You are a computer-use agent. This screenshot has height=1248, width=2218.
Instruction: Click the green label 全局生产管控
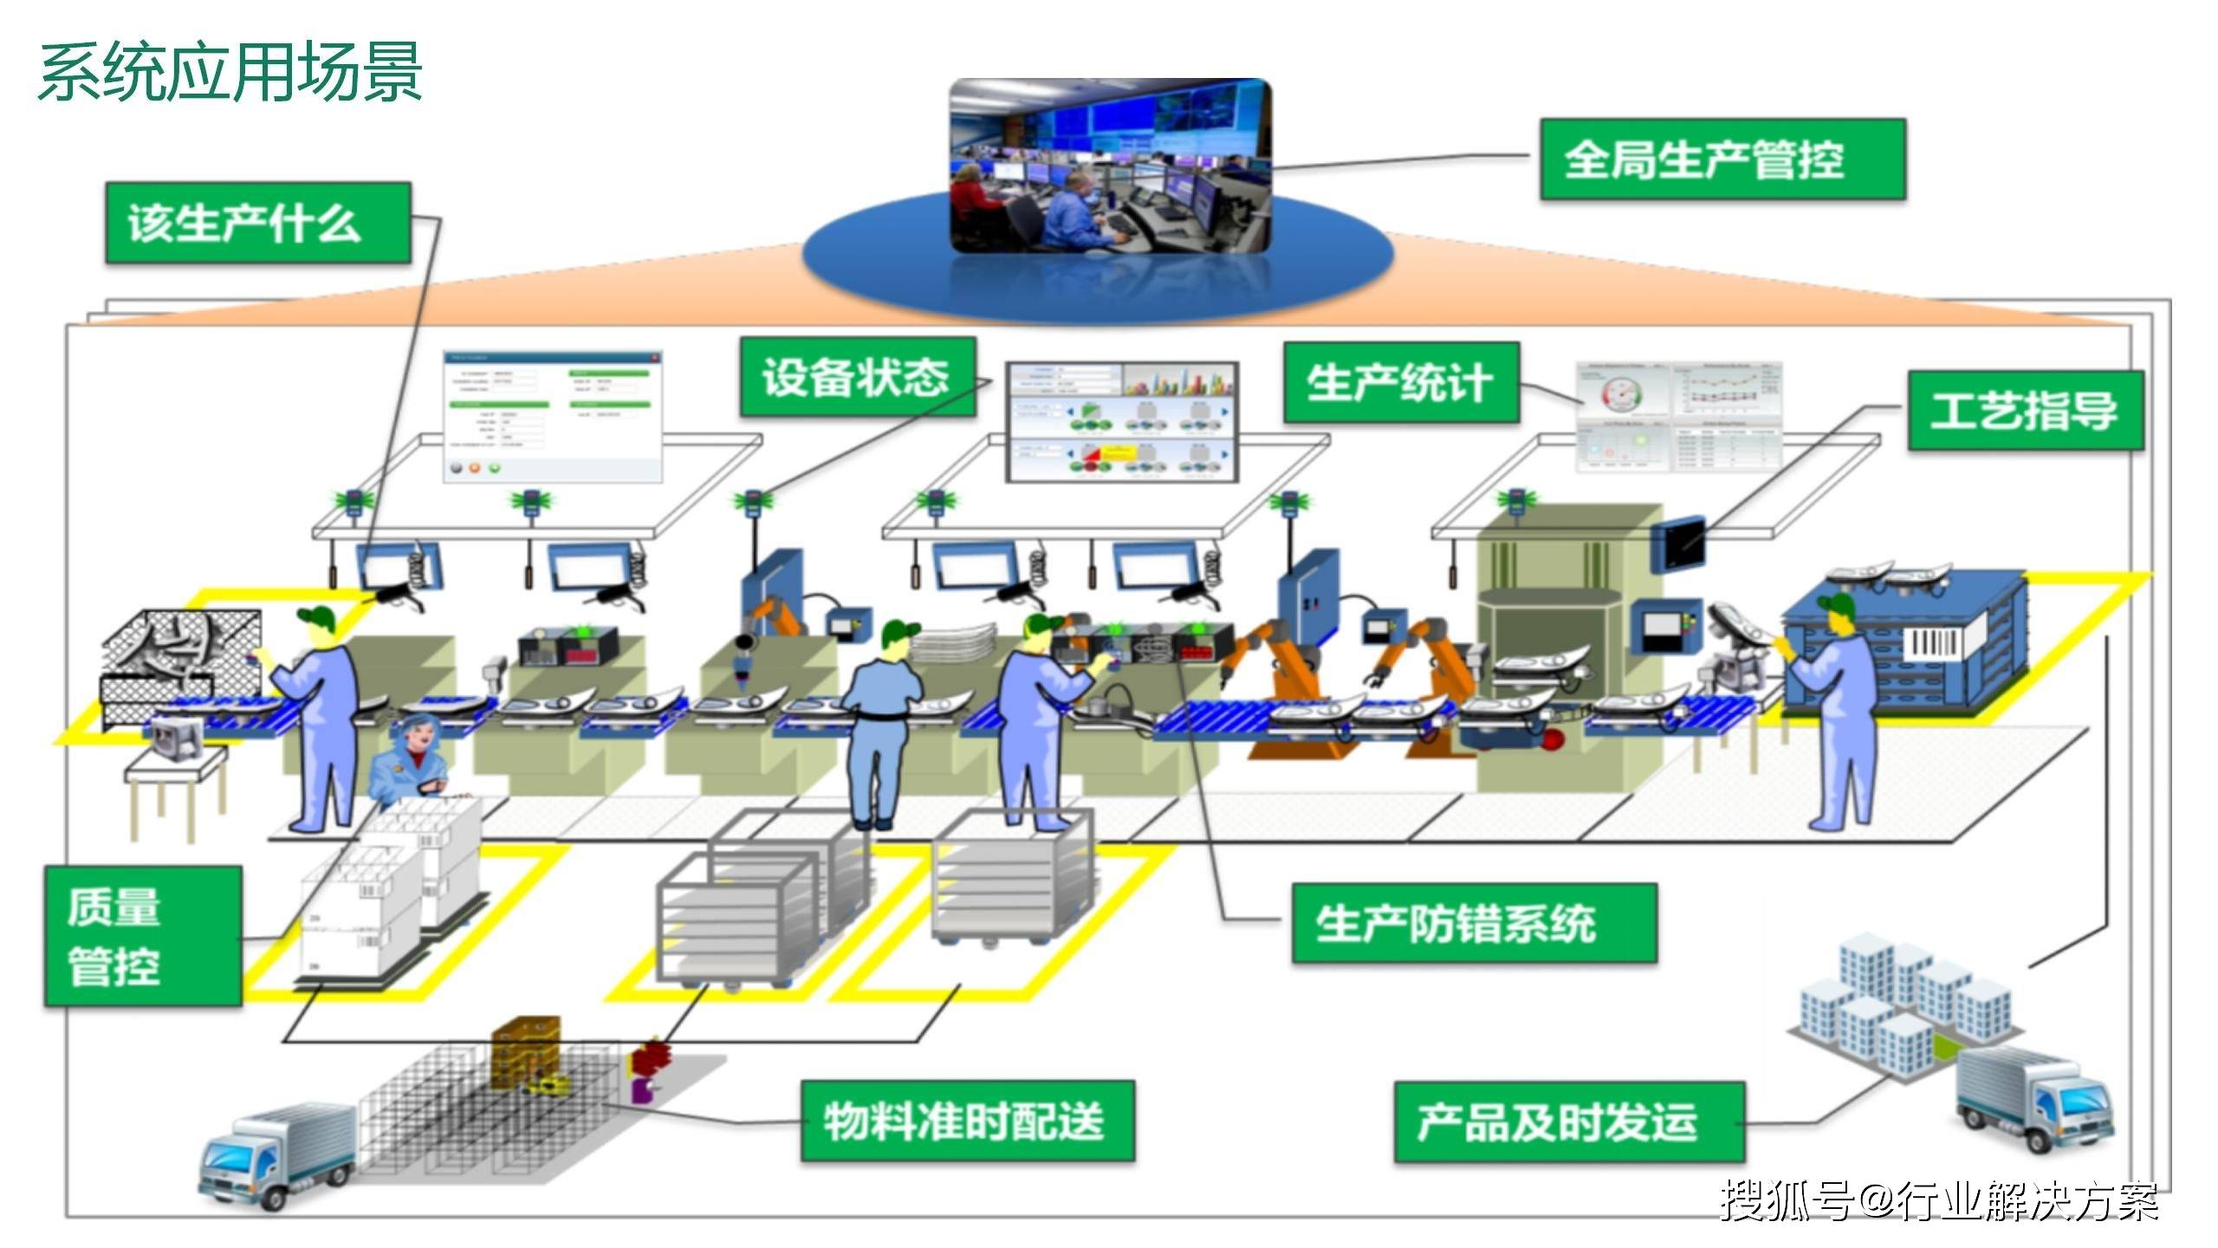pyautogui.click(x=1722, y=160)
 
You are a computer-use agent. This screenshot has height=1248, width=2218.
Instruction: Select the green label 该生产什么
pyautogui.click(x=257, y=224)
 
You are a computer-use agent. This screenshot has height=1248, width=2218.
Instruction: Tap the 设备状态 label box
pyautogui.click(x=857, y=377)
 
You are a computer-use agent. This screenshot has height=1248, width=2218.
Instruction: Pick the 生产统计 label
pyautogui.click(x=1401, y=383)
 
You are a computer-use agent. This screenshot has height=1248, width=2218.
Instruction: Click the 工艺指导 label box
pyautogui.click(x=2025, y=411)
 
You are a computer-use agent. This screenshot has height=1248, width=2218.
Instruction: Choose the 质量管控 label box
pyautogui.click(x=143, y=937)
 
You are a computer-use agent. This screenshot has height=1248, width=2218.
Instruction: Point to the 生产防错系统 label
pyautogui.click(x=1473, y=924)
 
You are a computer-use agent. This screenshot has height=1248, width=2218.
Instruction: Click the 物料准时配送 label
pyautogui.click(x=967, y=1121)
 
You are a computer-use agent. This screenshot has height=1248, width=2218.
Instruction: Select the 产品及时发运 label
pyautogui.click(x=1568, y=1122)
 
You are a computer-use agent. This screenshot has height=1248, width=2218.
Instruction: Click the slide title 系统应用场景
pyautogui.click(x=230, y=72)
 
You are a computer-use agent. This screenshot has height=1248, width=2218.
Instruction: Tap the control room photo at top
pyautogui.click(x=1110, y=165)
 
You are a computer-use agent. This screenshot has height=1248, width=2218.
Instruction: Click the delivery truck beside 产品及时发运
pyautogui.click(x=2032, y=1101)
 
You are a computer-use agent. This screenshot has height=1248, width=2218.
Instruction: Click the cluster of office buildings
pyautogui.click(x=1906, y=1005)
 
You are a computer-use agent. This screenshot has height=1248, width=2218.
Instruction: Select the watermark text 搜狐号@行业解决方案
pyautogui.click(x=1938, y=1201)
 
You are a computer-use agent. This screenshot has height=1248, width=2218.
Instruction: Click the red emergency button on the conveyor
pyautogui.click(x=1553, y=739)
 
